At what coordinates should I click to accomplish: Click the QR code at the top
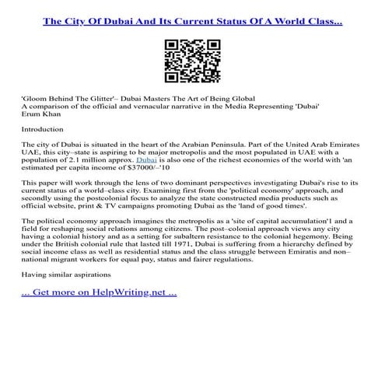point(192,61)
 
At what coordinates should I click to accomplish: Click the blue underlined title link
point(192,21)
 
